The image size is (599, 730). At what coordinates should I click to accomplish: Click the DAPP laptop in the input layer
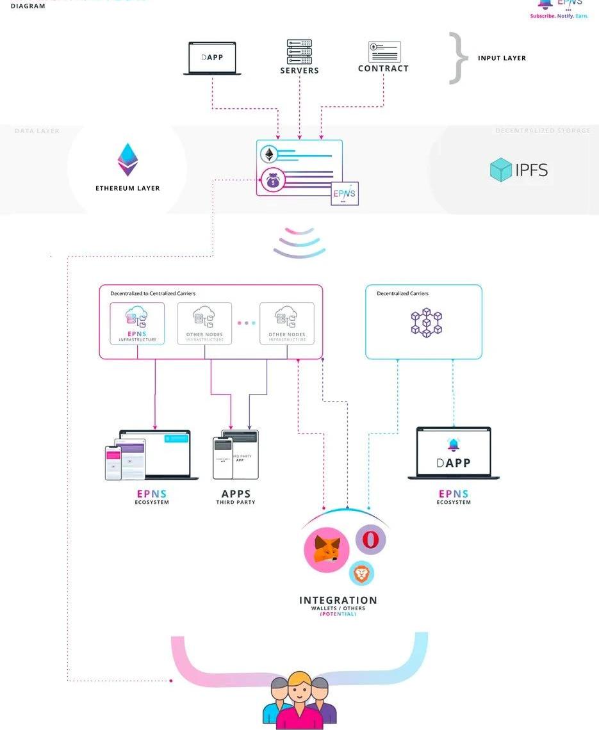[212, 58]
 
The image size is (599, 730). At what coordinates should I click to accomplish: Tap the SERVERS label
[299, 70]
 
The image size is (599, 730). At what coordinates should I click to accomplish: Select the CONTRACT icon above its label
[384, 51]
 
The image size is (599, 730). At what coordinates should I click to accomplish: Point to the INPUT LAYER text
[502, 58]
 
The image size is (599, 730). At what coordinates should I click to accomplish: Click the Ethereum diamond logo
[127, 159]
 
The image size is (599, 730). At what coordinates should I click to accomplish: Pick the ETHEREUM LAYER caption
[127, 188]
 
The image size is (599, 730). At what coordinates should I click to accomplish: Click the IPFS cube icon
[500, 170]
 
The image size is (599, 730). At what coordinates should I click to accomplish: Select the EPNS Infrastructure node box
[137, 323]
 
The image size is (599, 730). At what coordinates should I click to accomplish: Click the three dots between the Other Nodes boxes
[246, 323]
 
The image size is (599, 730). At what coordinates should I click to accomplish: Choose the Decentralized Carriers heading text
[402, 294]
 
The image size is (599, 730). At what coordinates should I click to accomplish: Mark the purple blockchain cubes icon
[426, 322]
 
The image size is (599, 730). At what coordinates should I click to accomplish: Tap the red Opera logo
[370, 540]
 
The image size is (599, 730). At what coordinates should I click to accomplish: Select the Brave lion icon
[362, 574]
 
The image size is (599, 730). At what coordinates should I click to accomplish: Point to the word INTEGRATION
[338, 601]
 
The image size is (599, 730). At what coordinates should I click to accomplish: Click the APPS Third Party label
[236, 497]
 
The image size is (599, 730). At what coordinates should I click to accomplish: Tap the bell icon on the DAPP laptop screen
[454, 445]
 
